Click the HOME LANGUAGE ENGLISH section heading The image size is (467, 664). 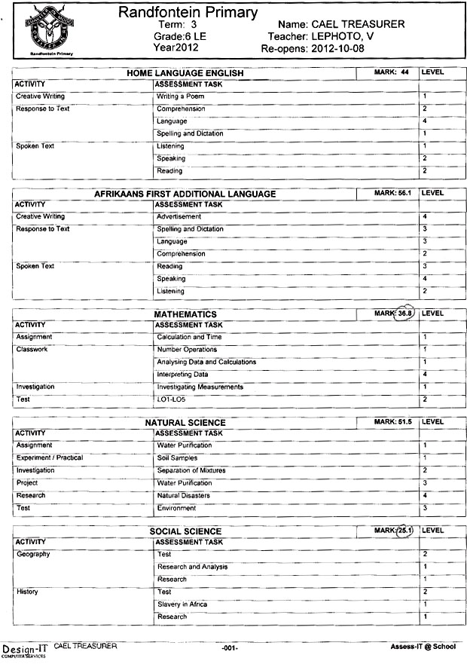point(183,72)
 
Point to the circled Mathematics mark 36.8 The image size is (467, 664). point(406,314)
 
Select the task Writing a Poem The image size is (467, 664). point(180,96)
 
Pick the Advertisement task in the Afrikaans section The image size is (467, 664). point(179,217)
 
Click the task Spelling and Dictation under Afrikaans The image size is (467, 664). point(190,229)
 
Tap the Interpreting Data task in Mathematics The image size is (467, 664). point(182,375)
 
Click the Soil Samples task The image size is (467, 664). point(177,458)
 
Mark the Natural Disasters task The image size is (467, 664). point(183,496)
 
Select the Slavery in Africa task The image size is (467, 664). point(182,604)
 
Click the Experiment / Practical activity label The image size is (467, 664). point(49,458)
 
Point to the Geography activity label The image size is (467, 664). point(32,555)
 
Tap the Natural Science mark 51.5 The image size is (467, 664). point(406,422)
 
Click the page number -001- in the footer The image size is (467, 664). point(230,648)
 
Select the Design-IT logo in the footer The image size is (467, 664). point(25,650)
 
